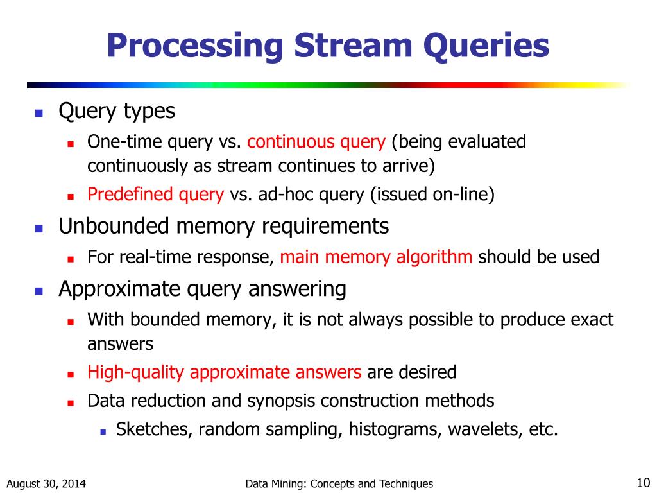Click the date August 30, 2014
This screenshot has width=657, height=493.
(x=47, y=484)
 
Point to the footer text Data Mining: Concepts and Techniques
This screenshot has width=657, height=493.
(x=339, y=484)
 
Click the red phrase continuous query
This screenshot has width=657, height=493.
(x=316, y=142)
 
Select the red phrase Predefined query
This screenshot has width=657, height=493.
(x=155, y=195)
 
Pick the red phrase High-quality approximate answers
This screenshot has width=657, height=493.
(x=225, y=372)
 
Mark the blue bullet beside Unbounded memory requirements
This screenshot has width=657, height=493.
(x=38, y=229)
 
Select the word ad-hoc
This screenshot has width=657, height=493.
(x=282, y=195)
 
